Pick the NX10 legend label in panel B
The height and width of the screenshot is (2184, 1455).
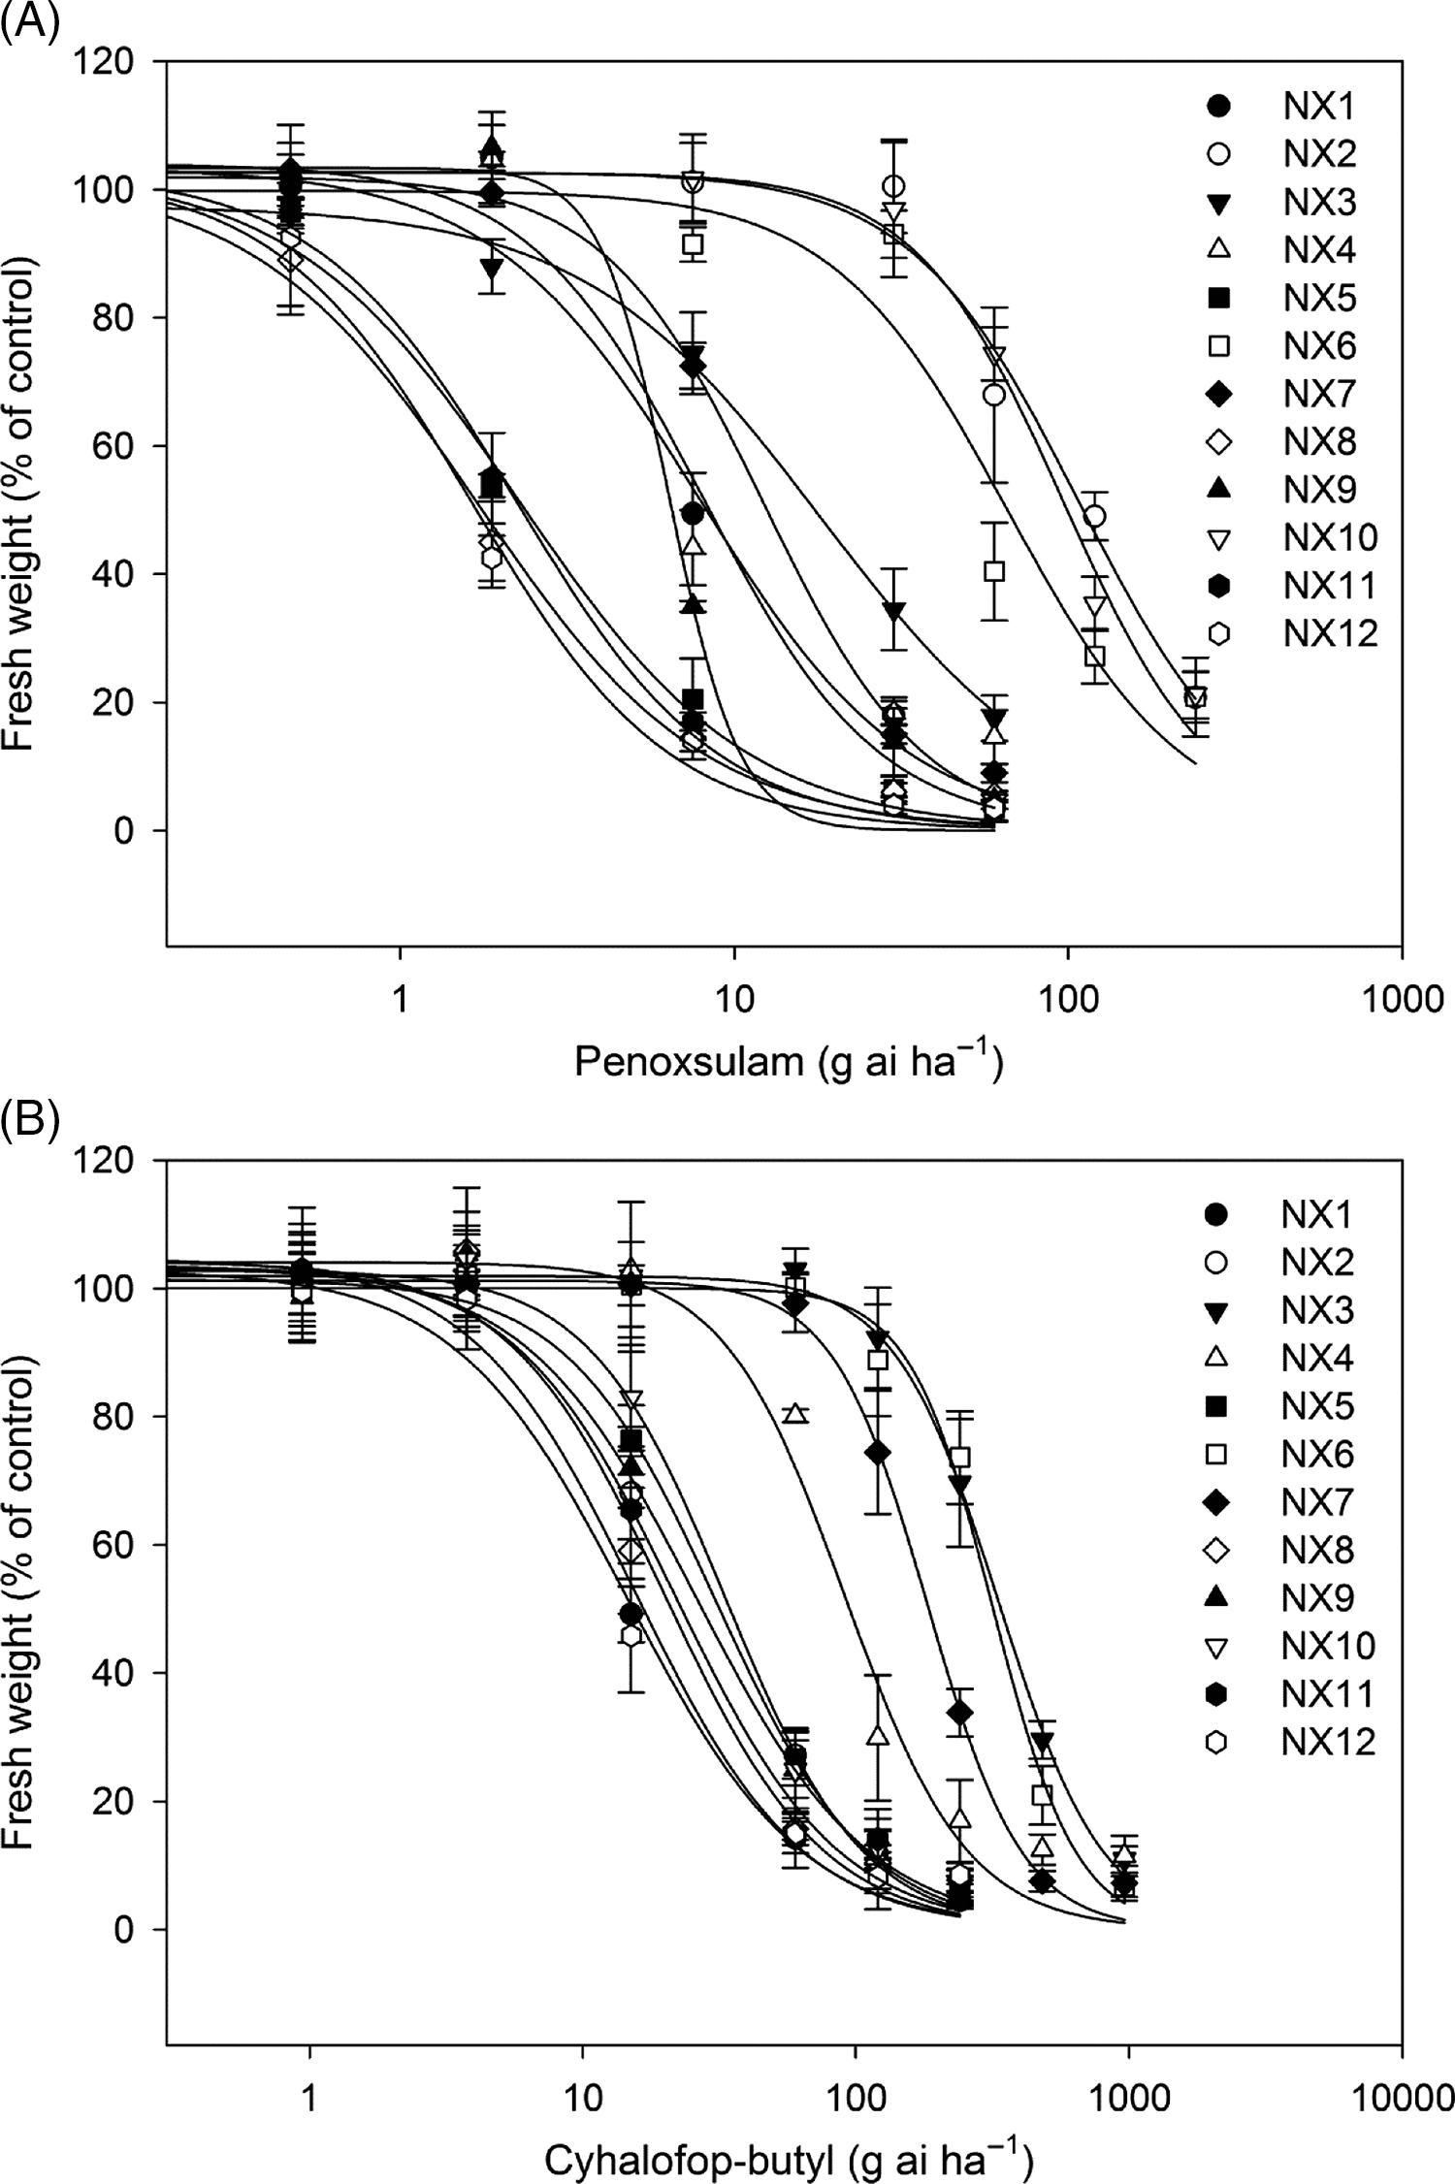click(x=1328, y=1646)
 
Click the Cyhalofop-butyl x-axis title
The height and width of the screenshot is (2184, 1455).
click(x=788, y=2161)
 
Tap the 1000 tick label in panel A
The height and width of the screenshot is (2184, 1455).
click(x=1401, y=999)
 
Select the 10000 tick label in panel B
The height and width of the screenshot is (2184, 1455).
click(x=1401, y=2099)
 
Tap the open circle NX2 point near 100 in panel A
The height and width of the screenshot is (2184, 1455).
click(x=894, y=186)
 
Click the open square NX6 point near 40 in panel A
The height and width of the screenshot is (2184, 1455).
click(x=994, y=571)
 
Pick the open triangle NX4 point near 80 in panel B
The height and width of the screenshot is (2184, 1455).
click(x=796, y=1413)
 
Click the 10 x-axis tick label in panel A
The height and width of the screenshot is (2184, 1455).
click(x=734, y=999)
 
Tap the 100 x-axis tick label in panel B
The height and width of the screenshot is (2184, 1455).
click(x=856, y=2099)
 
